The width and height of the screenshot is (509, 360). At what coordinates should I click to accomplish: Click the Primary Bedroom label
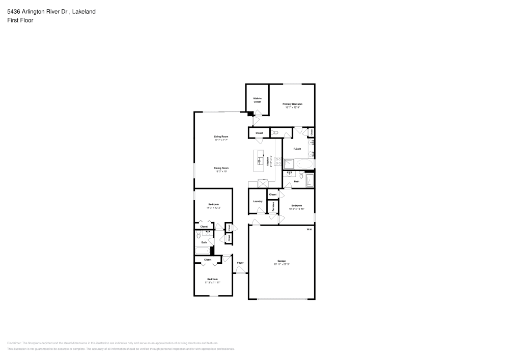(293, 104)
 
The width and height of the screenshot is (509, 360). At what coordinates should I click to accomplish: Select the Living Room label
(220, 136)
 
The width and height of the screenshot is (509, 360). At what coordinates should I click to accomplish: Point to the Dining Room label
(221, 168)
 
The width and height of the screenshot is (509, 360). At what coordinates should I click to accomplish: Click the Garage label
(281, 261)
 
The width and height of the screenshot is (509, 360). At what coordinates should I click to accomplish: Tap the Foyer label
(240, 263)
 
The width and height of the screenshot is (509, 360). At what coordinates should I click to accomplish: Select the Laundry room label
(258, 201)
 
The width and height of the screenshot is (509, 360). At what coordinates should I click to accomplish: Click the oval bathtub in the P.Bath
(305, 164)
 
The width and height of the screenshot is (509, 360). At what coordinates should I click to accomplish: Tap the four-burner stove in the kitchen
(278, 161)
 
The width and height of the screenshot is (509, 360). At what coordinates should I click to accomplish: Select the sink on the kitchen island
(259, 161)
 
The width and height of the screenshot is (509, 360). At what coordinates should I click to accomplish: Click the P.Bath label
(298, 148)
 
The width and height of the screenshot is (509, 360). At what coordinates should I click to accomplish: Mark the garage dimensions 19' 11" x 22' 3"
(281, 264)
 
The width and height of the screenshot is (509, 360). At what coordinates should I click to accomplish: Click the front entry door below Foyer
(240, 274)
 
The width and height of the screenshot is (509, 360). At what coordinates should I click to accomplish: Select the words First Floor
(20, 20)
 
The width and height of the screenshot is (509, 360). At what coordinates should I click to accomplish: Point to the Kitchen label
(268, 161)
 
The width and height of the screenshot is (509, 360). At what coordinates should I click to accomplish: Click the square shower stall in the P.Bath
(289, 164)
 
